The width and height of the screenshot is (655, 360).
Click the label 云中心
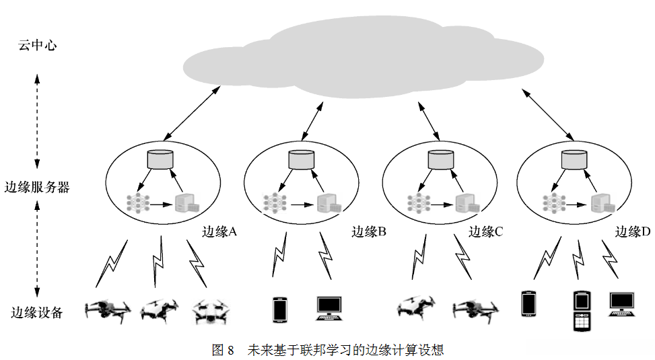click(37, 46)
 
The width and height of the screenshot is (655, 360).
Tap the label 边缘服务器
click(37, 187)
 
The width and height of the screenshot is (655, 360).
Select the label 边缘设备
click(37, 312)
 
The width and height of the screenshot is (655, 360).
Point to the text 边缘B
click(369, 232)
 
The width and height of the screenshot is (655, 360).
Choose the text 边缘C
click(486, 232)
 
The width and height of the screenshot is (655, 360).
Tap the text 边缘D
click(633, 232)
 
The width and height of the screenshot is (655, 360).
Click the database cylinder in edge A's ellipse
click(160, 159)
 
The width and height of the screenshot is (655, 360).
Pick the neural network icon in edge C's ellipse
click(417, 203)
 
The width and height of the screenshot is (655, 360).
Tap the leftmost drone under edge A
click(108, 311)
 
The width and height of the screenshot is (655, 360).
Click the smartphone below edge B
click(279, 310)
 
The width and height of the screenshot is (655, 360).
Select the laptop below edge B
click(331, 308)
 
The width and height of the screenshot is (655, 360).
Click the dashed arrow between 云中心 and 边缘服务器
click(37, 118)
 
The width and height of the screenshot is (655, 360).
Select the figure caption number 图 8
click(223, 350)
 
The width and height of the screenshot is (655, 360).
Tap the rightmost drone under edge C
click(474, 310)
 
